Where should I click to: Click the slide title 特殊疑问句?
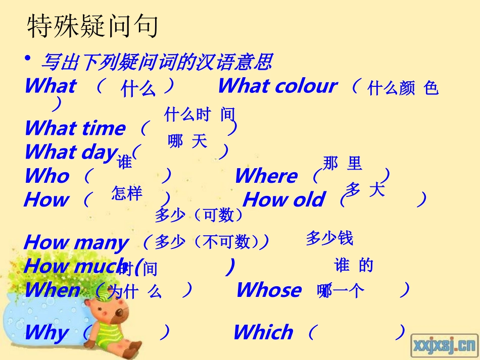92,27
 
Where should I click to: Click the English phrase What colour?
277,86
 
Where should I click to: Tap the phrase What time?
74,128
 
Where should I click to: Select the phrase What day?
71,151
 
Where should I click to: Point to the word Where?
266,176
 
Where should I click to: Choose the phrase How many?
76,242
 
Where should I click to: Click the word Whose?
268,290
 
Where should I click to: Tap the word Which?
263,333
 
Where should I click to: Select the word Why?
46,333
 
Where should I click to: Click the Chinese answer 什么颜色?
403,89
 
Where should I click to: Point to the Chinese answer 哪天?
187,141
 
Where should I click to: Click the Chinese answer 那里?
343,164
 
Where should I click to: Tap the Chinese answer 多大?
365,190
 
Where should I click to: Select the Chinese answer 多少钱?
329,238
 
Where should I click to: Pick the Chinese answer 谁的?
353,265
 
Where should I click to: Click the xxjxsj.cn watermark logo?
444,345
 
